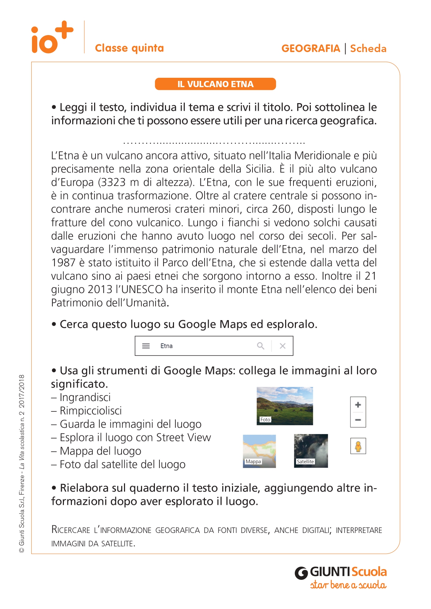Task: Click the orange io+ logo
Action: (52, 37)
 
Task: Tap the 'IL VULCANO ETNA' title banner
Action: (215, 84)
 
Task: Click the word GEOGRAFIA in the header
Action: (310, 48)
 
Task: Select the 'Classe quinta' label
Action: (129, 48)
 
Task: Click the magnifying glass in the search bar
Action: (260, 346)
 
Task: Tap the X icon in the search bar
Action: (283, 346)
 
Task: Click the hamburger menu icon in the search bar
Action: (146, 346)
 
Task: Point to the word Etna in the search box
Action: (166, 346)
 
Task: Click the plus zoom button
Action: (358, 405)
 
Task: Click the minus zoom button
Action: (358, 420)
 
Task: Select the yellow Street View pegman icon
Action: (358, 446)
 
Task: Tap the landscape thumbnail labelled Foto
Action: (285, 406)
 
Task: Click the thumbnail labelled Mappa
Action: (259, 451)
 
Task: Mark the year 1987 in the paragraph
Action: (63, 262)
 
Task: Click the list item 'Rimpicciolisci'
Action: (91, 411)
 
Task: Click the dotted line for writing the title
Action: (214, 142)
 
